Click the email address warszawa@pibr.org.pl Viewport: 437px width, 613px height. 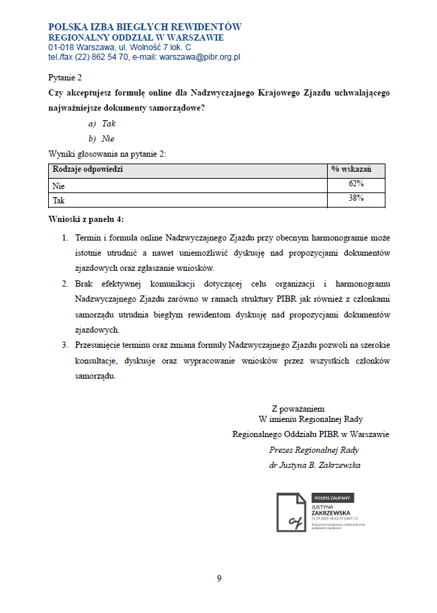[x=199, y=57]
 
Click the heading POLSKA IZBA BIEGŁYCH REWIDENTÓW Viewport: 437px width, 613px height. [x=145, y=27]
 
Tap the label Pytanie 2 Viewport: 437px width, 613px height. [x=65, y=78]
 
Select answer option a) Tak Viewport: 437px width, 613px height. [x=102, y=124]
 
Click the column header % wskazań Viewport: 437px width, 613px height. [x=351, y=169]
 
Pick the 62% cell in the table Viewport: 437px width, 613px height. [x=356, y=184]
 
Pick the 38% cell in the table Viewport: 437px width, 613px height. [x=356, y=199]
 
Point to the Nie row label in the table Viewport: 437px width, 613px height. [x=58, y=186]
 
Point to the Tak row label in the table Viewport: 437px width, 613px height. [x=59, y=201]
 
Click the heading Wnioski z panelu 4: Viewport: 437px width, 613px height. [x=87, y=219]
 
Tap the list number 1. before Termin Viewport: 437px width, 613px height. [x=65, y=238]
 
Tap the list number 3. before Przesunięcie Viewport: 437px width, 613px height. [x=65, y=345]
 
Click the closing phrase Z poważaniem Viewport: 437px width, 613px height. [x=298, y=408]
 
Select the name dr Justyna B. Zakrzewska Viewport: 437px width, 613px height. [x=315, y=465]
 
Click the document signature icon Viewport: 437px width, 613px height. [x=291, y=513]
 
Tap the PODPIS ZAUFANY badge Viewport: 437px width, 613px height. [x=333, y=498]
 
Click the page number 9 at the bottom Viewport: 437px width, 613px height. [x=219, y=578]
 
